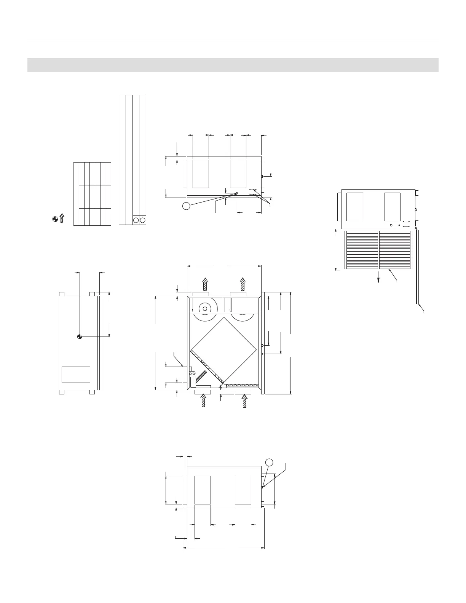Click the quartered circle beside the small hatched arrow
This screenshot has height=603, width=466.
(55, 219)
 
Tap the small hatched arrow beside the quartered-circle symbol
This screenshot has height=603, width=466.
(62, 218)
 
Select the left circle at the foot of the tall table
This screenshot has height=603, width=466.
(136, 220)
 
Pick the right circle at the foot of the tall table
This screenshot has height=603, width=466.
(143, 220)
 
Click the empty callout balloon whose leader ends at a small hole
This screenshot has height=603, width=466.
(186, 206)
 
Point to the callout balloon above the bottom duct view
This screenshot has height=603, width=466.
(269, 463)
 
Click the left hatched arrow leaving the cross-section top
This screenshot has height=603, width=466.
(205, 284)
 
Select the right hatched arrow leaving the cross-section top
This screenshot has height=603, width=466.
(243, 284)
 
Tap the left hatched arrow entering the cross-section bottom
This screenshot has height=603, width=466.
(204, 400)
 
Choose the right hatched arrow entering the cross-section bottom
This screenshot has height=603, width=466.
(244, 400)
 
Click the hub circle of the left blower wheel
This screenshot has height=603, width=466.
(205, 308)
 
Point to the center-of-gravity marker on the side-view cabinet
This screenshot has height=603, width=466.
(79, 337)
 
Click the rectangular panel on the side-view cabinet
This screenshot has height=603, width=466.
(76, 375)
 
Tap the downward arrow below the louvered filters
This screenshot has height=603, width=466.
(378, 277)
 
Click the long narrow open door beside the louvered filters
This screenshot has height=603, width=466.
(418, 266)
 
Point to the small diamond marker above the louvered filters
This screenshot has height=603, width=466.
(399, 225)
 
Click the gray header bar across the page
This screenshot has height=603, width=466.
(233, 65)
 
